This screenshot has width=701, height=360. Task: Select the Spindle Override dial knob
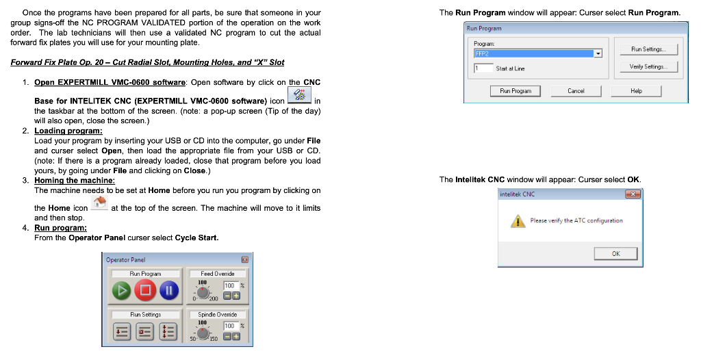coord(203,333)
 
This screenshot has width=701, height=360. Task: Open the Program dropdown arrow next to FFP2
coord(598,53)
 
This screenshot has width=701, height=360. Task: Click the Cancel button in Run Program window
coord(576,90)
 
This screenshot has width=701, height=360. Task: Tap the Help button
coord(636,90)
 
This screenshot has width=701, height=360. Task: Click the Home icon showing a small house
coord(100,203)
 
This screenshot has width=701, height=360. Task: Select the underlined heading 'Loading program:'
coord(68,131)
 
